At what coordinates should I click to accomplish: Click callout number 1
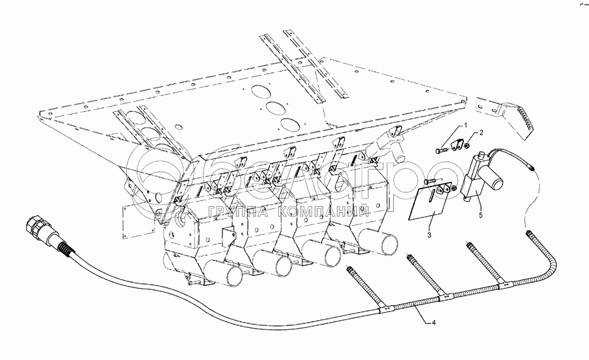pos(466,124)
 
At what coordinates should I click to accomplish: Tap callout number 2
pos(482,133)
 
